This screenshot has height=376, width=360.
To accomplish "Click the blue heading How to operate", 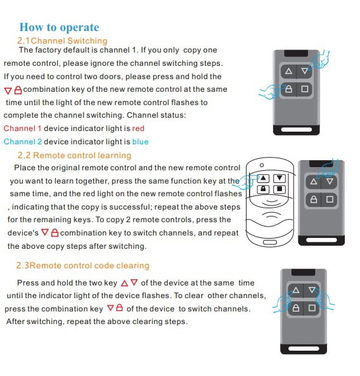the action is coord(59,27).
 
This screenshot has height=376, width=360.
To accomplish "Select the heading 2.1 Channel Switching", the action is coord(62,41).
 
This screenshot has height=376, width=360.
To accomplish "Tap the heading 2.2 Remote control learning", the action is coord(74,155).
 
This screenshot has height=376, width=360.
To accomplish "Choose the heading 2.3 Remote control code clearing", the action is coord(82,265).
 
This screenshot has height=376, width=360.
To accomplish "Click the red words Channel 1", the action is coord(23,128).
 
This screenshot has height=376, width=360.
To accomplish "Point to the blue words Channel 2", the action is coord(23,142).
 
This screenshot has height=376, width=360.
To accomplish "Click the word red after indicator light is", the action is coord(138,128).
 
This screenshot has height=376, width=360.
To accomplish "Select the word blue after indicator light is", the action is coord(140,142).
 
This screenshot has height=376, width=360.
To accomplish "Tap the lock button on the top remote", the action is coord(288,89).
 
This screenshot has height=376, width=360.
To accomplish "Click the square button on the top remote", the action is coord(304,89).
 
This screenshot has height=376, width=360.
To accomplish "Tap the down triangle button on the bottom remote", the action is coord(312,291).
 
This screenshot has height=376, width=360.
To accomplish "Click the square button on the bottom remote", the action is coord(312,308).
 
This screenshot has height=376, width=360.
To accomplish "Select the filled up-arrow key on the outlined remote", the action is coord(263,178).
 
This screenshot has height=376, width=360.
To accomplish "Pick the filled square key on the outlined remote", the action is coord(280,189).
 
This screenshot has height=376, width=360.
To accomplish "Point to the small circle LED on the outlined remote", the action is coord(262,165).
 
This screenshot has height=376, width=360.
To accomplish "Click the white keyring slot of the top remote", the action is coord(297,130).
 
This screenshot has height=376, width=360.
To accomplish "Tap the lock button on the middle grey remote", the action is coord(314,199).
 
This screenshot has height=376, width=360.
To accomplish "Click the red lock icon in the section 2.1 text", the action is coord(18,90).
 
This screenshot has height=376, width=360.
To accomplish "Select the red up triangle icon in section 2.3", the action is coord(124,283).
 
